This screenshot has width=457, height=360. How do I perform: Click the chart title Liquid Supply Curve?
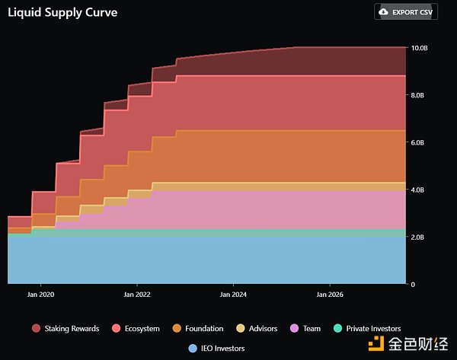point(62,13)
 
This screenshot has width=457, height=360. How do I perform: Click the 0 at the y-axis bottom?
point(412,285)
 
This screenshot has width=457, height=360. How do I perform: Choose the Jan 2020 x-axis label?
point(40,294)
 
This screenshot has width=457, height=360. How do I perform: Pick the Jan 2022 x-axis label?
point(136,294)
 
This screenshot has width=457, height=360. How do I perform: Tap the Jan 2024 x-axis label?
point(233,294)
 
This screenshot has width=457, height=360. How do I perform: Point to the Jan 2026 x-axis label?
point(329,294)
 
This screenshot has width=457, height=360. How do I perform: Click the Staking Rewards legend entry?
point(66,329)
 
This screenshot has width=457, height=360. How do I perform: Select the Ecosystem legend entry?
point(136,329)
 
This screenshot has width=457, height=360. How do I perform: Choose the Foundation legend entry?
point(197,329)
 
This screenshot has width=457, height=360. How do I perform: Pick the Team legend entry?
point(305,329)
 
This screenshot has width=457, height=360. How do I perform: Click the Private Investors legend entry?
point(367,329)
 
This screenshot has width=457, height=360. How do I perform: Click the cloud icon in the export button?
point(383,12)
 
